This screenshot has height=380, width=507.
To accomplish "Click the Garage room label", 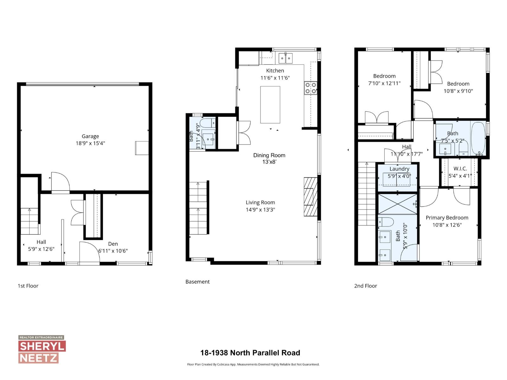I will pos(90,136).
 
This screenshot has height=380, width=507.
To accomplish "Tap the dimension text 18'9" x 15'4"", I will pos(90,143).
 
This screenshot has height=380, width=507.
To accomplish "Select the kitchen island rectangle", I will pos(270,104).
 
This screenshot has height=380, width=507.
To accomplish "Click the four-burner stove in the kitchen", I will pos(311,88).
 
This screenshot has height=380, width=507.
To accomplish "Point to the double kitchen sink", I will pos(286,58).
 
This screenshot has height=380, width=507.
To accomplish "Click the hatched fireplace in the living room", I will pos(311,197).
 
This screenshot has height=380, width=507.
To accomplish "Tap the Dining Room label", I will pos(269,155).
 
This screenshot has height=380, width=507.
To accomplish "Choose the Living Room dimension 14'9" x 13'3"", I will pos(260,210).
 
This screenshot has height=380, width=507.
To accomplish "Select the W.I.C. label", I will pos(460,169).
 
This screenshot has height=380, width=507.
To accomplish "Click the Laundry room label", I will pos(399,169).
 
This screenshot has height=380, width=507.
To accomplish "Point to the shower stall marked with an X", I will pos(398,204).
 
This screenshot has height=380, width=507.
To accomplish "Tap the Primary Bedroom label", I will pos(447,218).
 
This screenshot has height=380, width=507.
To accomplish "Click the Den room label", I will pos(113,244).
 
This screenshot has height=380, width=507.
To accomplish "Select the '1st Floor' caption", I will pos(28,286).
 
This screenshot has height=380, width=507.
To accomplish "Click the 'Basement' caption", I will pos(197,282).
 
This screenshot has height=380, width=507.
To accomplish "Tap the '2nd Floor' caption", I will pos(365,286).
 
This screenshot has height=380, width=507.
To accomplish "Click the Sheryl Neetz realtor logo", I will pos(42,349).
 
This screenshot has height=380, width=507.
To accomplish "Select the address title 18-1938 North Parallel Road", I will pos(250,353).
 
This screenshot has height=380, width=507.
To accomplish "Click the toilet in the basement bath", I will pos(208,123).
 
